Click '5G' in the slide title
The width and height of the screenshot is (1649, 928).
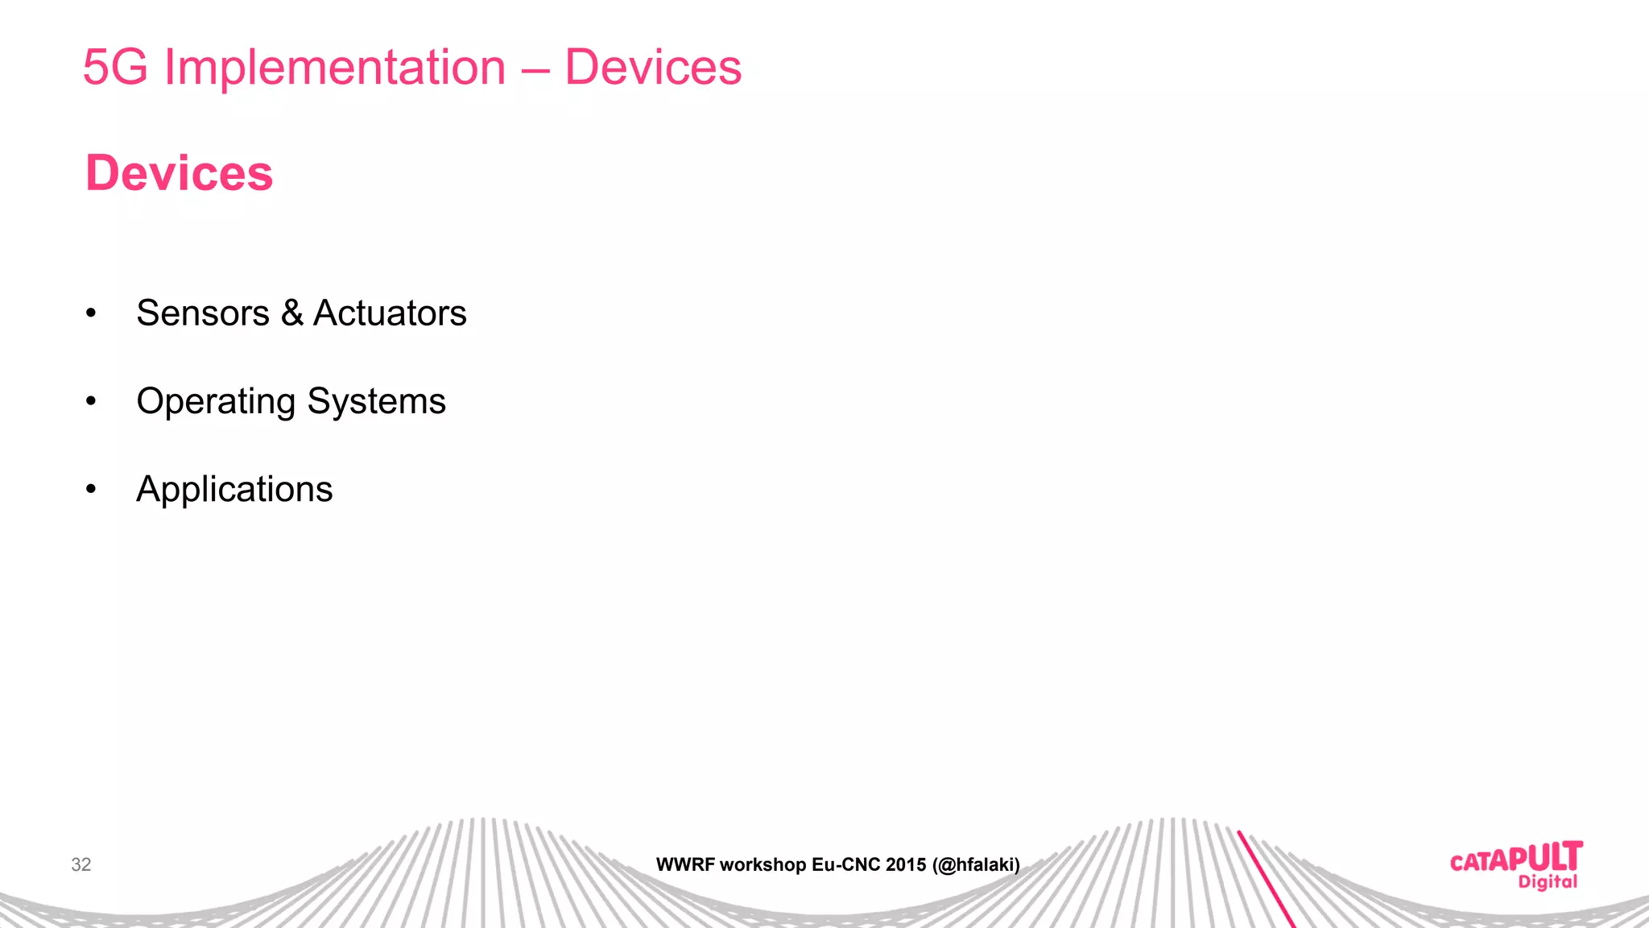click(x=115, y=67)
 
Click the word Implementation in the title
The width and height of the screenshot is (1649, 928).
click(x=334, y=67)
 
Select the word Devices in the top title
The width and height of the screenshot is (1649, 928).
click(x=652, y=67)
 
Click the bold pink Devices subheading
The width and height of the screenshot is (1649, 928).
click(x=179, y=173)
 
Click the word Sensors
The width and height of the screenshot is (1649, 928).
click(x=203, y=313)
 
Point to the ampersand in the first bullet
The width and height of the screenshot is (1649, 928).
click(x=291, y=313)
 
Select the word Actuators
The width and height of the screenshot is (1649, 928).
click(x=390, y=313)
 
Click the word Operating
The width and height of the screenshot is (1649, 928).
click(x=216, y=402)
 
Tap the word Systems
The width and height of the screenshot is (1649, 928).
click(x=376, y=402)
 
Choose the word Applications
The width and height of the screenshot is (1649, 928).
click(x=234, y=490)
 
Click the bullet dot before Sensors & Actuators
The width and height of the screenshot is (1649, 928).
click(x=91, y=313)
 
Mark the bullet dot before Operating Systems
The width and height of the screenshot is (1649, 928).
click(x=91, y=401)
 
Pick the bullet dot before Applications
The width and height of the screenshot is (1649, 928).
click(x=91, y=489)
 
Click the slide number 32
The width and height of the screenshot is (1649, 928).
click(x=81, y=864)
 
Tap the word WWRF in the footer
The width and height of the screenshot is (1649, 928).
click(x=685, y=865)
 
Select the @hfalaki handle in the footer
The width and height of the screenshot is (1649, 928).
click(x=976, y=865)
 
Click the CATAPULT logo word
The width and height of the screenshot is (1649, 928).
click(x=1515, y=859)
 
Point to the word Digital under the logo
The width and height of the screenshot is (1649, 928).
click(x=1548, y=882)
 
